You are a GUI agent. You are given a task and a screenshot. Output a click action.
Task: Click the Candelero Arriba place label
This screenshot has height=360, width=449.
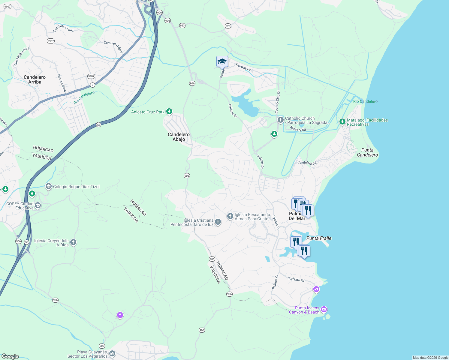pyautogui.click(x=35, y=79)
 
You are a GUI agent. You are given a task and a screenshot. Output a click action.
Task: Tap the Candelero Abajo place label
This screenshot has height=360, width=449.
pyautogui.click(x=179, y=137)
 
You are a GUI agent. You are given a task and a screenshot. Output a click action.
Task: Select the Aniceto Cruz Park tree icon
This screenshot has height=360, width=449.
pyautogui.click(x=169, y=112)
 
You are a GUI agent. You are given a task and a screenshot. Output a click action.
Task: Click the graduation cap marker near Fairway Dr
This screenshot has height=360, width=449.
pyautogui.click(x=222, y=61)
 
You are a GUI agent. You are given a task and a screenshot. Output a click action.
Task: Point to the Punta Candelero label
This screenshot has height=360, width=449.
pyautogui.click(x=367, y=152)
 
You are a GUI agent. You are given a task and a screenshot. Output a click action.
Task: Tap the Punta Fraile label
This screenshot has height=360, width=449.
pyautogui.click(x=319, y=238)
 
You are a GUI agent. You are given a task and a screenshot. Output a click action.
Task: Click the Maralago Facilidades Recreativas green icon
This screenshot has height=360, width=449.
pyautogui.click(x=342, y=122)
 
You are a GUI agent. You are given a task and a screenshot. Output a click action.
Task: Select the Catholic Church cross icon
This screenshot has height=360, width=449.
pyautogui.click(x=280, y=120)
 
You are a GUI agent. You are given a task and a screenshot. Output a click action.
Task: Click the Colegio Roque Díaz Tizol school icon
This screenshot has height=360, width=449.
pyautogui.click(x=48, y=186)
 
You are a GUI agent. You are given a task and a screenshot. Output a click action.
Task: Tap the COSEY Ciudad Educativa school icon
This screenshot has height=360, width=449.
pyautogui.click(x=38, y=205)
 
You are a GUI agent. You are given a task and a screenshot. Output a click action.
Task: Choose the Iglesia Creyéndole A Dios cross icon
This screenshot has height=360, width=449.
pyautogui.click(x=73, y=242)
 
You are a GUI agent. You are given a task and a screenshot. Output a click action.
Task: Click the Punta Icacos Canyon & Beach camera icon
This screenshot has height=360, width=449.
pyautogui.click(x=324, y=309)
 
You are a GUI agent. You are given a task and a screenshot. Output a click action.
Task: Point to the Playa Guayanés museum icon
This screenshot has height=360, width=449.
pyautogui.click(x=112, y=354)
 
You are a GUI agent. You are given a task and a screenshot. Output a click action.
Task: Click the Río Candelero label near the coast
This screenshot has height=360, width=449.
pyautogui.click(x=365, y=101)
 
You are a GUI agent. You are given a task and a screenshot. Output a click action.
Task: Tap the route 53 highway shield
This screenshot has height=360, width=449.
pyautogui.click(x=98, y=124)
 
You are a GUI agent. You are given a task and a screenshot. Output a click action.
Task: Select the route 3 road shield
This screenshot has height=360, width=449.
pyautogui.click(x=92, y=85)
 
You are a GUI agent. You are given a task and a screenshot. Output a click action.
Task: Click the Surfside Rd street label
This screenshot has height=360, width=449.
pyautogui.click(x=296, y=279)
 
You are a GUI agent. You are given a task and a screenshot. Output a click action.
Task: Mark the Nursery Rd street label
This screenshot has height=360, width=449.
pyautogui.click(x=298, y=129)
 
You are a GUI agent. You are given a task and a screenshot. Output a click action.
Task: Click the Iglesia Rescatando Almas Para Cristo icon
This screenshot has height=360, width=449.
pyautogui.click(x=230, y=216)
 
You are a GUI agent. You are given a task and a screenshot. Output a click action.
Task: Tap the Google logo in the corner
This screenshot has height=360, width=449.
pyautogui.click(x=10, y=356)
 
